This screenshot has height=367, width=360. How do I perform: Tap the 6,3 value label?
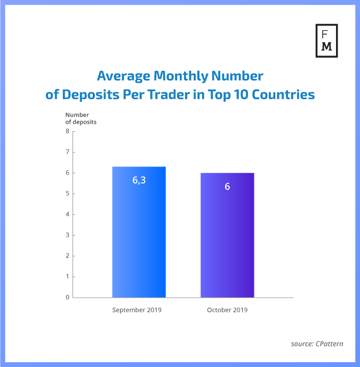[x=139, y=180]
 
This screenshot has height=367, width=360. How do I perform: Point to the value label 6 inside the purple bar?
[x=227, y=187]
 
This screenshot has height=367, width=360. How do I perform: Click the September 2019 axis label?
[x=137, y=310]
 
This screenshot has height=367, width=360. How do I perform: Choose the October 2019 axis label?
[x=227, y=310]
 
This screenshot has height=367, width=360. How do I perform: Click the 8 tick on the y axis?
[x=68, y=131]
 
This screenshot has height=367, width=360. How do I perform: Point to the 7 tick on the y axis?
[x=68, y=152]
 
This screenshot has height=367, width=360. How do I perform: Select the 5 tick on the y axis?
[x=68, y=194]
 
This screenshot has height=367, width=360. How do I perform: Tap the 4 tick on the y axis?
[x=68, y=214]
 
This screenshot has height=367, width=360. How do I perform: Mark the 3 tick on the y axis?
[x=68, y=235]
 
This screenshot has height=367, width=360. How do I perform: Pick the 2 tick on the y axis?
[x=68, y=256]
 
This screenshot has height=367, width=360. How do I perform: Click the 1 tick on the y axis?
[x=68, y=277]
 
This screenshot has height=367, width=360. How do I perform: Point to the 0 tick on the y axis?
[x=68, y=298]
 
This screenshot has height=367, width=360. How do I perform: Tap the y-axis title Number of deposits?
[x=81, y=118]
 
